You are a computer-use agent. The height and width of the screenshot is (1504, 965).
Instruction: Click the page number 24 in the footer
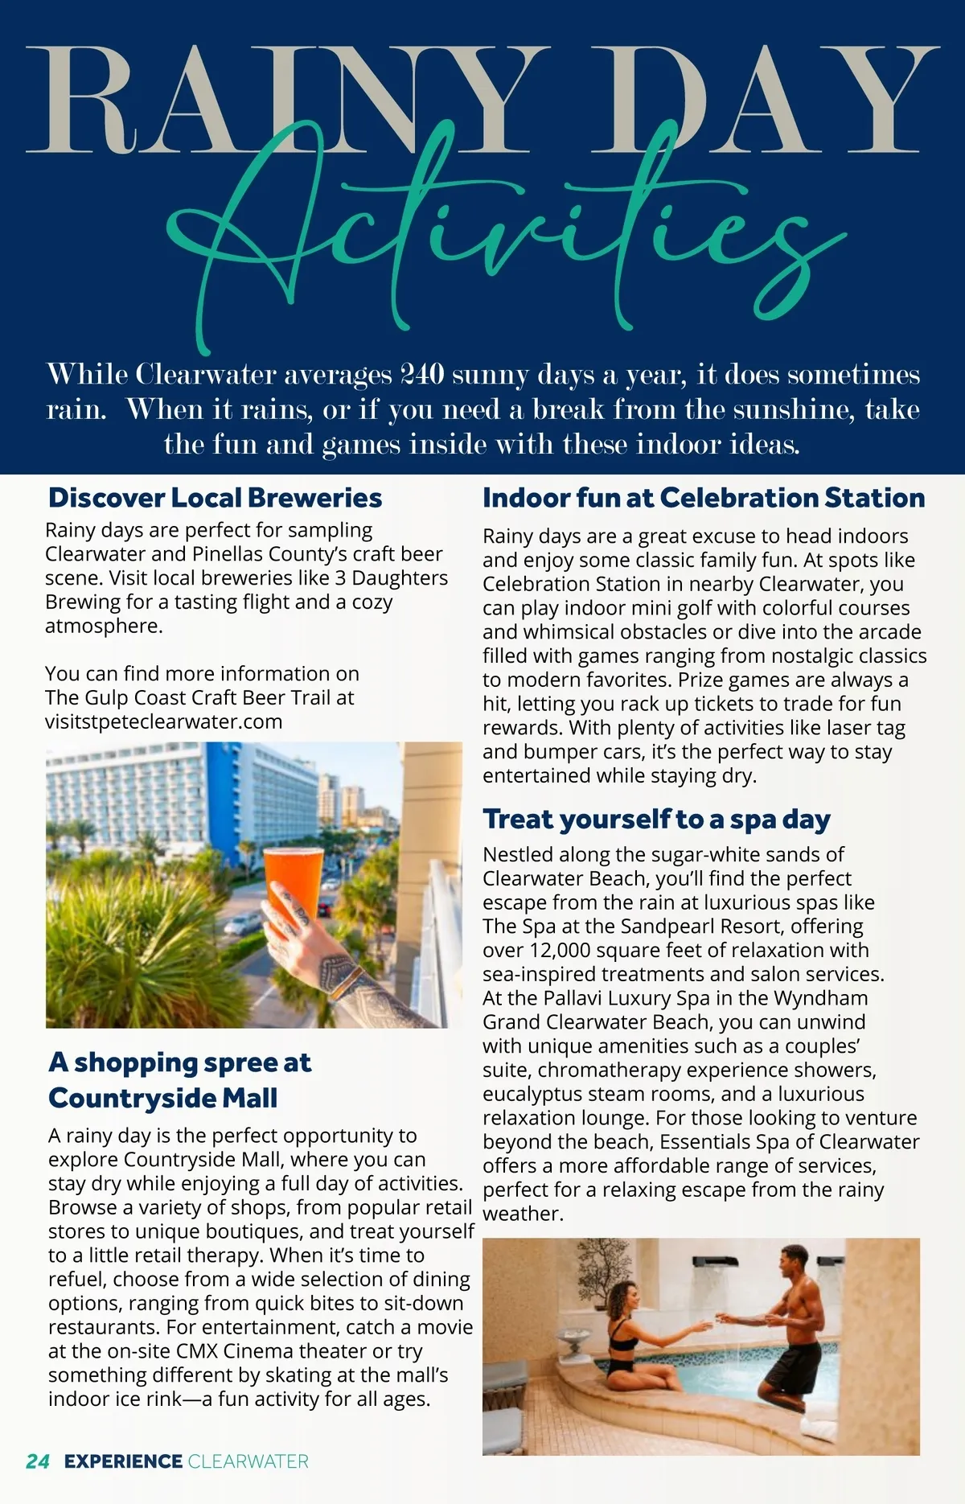(x=38, y=1461)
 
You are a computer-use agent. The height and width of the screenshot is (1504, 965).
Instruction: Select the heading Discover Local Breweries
(x=215, y=498)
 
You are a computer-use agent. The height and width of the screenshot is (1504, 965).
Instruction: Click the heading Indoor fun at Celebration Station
(x=704, y=498)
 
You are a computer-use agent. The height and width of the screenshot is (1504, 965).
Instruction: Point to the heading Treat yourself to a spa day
(x=656, y=819)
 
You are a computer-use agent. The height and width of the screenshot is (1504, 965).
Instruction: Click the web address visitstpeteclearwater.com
(x=163, y=721)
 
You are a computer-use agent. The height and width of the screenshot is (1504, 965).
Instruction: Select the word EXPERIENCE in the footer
(x=123, y=1461)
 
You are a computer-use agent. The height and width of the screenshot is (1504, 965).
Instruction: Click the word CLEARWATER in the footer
(x=248, y=1461)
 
